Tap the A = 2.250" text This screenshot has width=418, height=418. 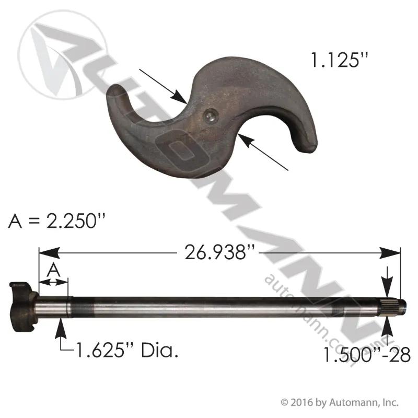coord(57,220)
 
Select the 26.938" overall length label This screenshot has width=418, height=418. coord(219,252)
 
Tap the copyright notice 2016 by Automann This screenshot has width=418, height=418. coord(340,402)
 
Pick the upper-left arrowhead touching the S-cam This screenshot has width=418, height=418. coord(179,96)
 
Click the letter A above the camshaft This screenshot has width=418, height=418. coord(54,270)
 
